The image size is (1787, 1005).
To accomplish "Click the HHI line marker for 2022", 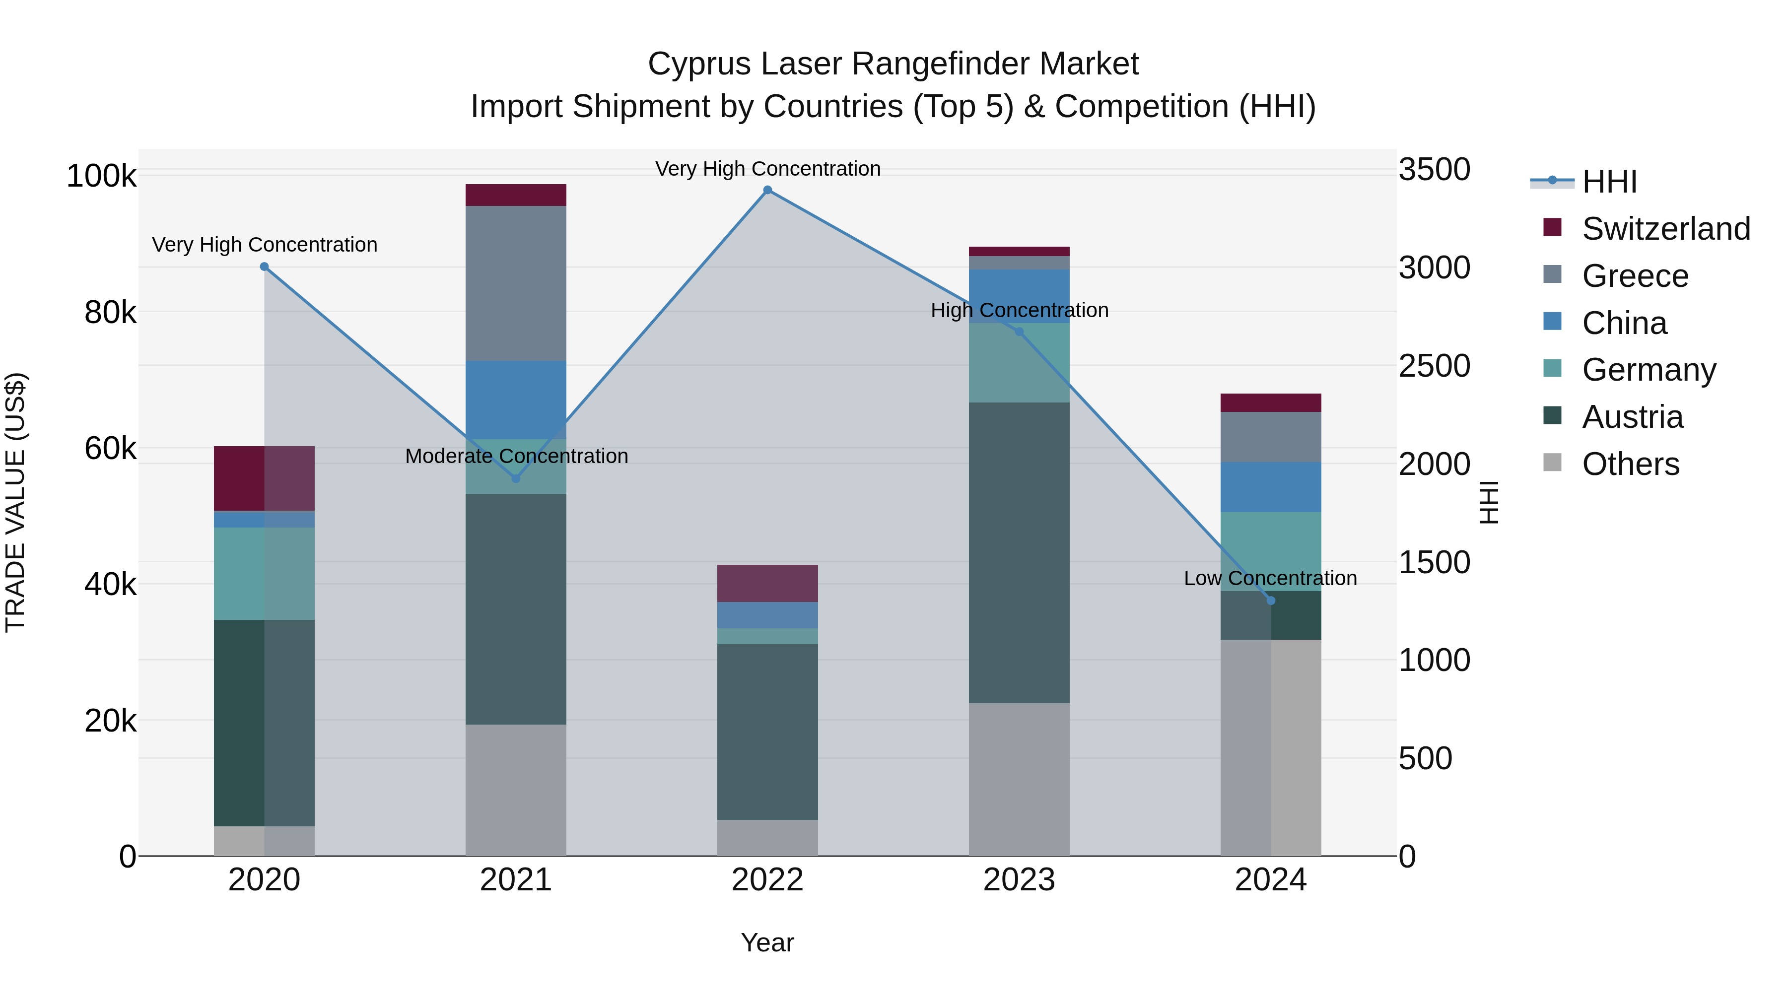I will [767, 190].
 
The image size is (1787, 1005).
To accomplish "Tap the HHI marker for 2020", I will [264, 267].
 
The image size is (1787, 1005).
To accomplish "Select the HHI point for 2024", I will [1270, 601].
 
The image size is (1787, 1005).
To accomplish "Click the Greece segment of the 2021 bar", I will [515, 283].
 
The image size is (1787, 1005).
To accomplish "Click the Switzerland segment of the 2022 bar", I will [767, 583].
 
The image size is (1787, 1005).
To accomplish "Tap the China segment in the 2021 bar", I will [515, 400].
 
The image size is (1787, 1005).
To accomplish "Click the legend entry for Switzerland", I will [1665, 229].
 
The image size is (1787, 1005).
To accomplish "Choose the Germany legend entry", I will [1648, 370].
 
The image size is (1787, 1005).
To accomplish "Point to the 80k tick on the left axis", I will [110, 313].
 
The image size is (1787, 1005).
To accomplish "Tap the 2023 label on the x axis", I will [1019, 880].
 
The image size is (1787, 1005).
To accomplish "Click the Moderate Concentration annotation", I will [516, 457].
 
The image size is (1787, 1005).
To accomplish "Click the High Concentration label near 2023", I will [1019, 310].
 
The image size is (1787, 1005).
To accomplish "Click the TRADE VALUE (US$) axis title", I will [15, 502].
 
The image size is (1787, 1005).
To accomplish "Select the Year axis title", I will [767, 942].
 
